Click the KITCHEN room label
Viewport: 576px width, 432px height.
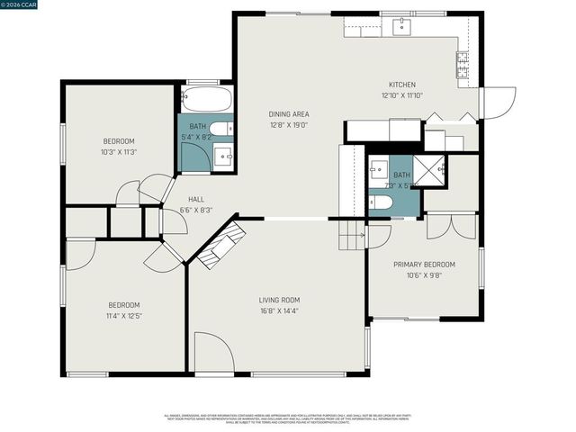coord(401,84)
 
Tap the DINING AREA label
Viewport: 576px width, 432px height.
coord(289,114)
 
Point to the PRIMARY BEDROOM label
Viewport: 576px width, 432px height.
coord(424,265)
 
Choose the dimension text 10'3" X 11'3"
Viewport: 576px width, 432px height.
coord(118,152)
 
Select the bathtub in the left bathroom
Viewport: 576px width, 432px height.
coord(207,98)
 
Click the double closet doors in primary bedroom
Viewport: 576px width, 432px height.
coord(450,225)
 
